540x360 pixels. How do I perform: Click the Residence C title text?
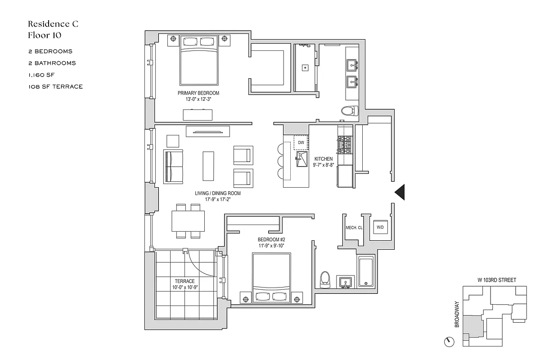(53, 24)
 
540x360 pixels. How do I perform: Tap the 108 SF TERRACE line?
(55, 86)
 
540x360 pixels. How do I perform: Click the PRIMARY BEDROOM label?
(198, 93)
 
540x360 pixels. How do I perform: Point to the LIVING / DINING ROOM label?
(218, 193)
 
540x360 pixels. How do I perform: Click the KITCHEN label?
(324, 159)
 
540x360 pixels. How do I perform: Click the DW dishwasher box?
(301, 143)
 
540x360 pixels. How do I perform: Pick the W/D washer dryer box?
(380, 228)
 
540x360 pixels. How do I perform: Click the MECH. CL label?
(354, 228)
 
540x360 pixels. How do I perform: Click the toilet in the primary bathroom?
(349, 111)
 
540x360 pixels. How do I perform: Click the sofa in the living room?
(173, 166)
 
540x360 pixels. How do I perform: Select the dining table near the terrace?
(189, 220)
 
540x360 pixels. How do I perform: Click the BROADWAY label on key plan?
(458, 314)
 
